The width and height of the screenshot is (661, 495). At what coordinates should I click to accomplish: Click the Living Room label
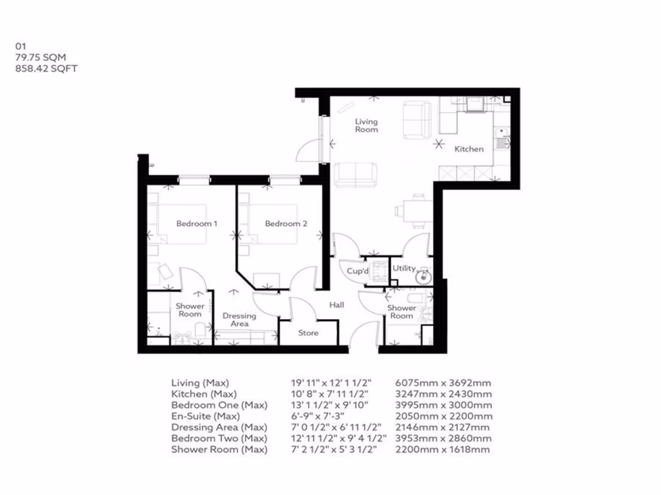coord(366,126)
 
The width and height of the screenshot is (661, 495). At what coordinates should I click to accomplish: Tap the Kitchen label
coord(469,149)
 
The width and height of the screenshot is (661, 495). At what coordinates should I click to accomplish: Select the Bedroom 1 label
coord(197,224)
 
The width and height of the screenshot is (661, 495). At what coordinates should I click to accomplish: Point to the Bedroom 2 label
coord(286,224)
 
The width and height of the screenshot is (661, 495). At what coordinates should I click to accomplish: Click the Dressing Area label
coord(239,320)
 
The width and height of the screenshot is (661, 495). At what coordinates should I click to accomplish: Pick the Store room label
coord(309,333)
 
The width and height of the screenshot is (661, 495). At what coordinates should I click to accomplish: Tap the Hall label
coord(337,305)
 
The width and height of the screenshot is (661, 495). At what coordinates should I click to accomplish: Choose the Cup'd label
coord(357,271)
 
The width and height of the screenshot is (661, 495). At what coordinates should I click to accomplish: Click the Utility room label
coord(404,268)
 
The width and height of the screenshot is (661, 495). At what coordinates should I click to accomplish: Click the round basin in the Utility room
coord(423,278)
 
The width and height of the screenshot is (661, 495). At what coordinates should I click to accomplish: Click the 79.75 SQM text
coord(41,57)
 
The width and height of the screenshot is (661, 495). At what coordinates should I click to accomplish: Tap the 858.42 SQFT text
coord(46,68)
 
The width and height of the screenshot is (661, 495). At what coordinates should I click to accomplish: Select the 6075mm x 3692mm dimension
coord(443,382)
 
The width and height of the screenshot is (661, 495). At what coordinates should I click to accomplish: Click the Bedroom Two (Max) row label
coord(219,438)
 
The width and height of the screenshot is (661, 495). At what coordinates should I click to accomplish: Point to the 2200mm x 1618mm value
coord(442,449)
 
